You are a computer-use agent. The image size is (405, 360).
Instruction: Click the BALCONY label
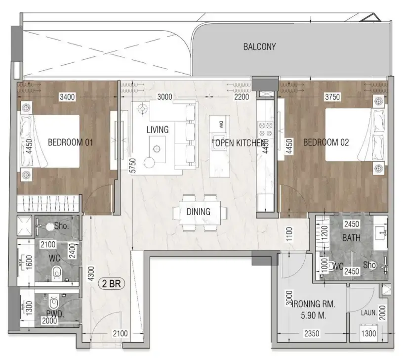pos(259,47)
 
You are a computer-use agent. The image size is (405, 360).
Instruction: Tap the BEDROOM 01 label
pos(70,143)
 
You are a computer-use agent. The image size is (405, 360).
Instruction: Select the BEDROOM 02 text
pos(326,143)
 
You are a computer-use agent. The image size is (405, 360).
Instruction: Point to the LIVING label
pos(158,130)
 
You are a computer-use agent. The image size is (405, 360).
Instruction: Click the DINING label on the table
pos(199,212)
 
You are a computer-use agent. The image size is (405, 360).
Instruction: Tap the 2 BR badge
pos(113,284)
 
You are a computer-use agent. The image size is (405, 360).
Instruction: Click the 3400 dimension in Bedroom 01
pos(67,97)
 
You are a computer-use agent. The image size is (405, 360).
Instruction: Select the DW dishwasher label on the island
pos(221,124)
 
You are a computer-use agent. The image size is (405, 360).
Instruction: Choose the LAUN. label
pos(369,313)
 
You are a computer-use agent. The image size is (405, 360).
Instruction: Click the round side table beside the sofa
pos(149,161)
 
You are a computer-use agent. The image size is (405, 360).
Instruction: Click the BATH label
pos(351,238)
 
